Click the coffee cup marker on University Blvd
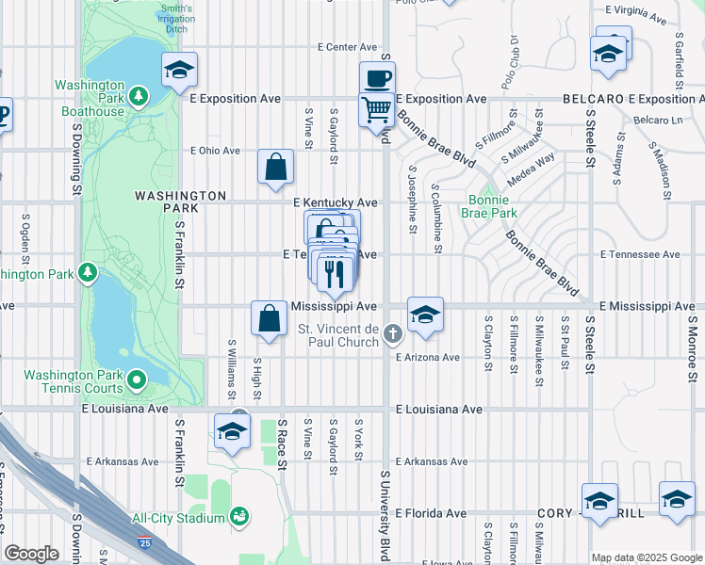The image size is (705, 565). [x=377, y=78]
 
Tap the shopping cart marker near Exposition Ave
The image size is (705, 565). [x=377, y=109]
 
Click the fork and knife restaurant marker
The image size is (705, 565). [x=335, y=273]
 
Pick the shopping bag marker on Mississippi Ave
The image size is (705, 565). [x=269, y=317]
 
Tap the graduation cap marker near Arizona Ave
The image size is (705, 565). [x=425, y=315]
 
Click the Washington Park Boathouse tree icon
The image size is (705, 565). [x=139, y=96]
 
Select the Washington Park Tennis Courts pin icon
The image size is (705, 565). [x=138, y=380]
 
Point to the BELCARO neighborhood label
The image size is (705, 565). [x=593, y=99]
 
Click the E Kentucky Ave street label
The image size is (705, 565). [x=335, y=202]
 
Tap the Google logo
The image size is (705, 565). [x=31, y=554]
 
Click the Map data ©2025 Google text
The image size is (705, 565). [x=646, y=557]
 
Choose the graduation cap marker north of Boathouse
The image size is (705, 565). [x=179, y=70]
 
